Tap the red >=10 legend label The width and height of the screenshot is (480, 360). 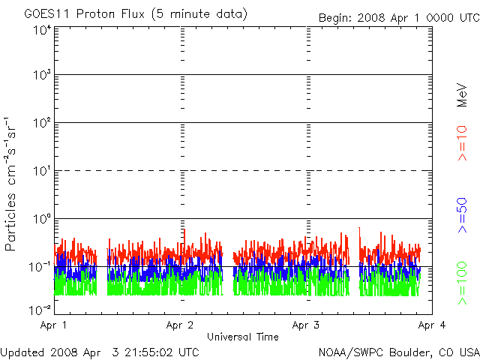[x=462, y=142]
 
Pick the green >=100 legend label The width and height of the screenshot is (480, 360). [x=462, y=283]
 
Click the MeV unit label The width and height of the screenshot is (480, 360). [x=462, y=95]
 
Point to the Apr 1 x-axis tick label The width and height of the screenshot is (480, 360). [x=54, y=325]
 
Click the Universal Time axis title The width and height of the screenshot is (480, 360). [x=242, y=337]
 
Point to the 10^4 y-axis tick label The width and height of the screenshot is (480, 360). [x=42, y=30]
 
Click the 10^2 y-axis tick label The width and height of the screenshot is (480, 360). [x=42, y=124]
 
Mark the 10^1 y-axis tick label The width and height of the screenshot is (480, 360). [x=42, y=172]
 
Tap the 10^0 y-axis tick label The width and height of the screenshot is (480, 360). [x=42, y=220]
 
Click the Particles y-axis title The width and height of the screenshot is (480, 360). [x=12, y=214]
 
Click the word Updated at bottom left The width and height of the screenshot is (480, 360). [x=23, y=352]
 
